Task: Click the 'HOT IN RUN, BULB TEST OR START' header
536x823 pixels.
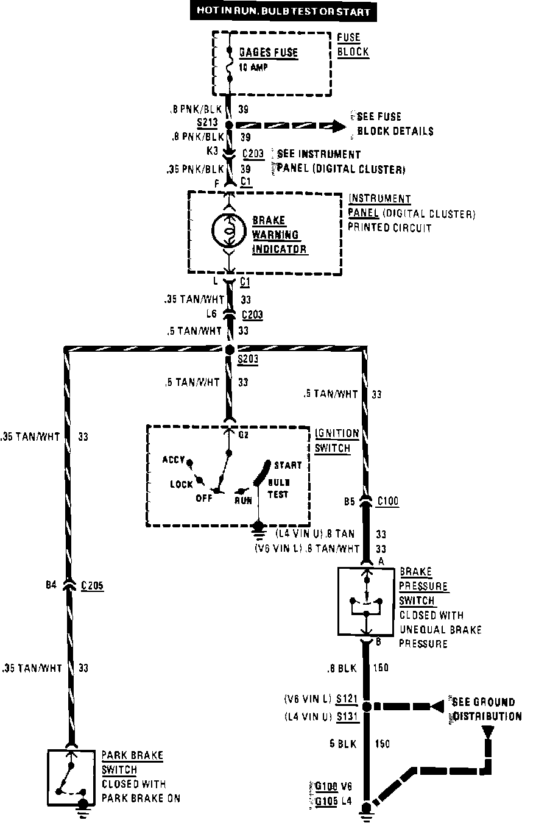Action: (283, 12)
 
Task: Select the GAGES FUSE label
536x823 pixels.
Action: (268, 53)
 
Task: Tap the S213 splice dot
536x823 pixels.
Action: (229, 125)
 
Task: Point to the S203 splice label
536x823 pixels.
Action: (248, 360)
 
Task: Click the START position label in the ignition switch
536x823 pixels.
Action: (287, 465)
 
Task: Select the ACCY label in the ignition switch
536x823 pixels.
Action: (174, 460)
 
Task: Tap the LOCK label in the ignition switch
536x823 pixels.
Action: (181, 484)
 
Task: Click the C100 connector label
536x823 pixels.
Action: (387, 502)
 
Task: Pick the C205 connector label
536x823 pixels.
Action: (91, 586)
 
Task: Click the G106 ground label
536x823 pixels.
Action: (326, 786)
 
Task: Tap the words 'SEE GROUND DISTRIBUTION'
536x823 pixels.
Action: (485, 709)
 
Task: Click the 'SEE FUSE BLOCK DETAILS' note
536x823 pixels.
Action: (395, 124)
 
